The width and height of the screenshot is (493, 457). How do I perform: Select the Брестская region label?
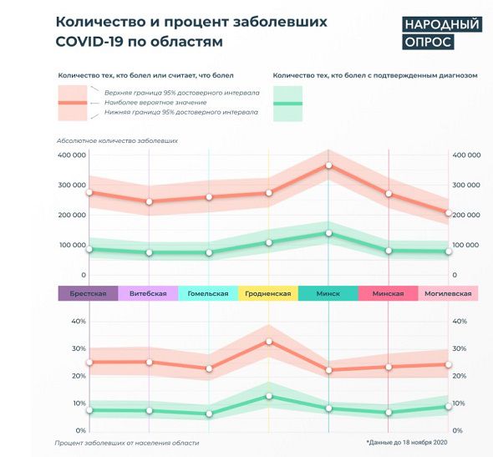click(x=88, y=293)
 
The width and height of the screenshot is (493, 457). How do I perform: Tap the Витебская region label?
click(x=148, y=293)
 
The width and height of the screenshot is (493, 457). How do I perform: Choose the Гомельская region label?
click(x=208, y=293)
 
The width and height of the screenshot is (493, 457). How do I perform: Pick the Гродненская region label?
click(x=268, y=293)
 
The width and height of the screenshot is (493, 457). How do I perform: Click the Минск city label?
click(x=328, y=293)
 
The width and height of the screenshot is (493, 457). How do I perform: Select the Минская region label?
click(x=388, y=293)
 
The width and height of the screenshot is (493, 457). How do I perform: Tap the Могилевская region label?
click(x=449, y=293)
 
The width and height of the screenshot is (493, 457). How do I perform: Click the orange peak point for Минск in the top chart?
click(x=328, y=165)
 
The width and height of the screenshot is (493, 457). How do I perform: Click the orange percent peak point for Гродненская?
click(x=268, y=342)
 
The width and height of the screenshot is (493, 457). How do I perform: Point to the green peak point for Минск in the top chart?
click(x=328, y=233)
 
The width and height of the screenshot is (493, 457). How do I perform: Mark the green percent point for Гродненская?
click(x=268, y=396)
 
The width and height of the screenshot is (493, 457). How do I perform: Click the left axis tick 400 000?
click(x=72, y=155)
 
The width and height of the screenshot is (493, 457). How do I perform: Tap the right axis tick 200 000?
click(x=465, y=216)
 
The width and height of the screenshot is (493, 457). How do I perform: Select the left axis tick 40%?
click(x=79, y=322)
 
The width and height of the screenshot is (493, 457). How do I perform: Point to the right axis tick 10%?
click(x=458, y=404)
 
